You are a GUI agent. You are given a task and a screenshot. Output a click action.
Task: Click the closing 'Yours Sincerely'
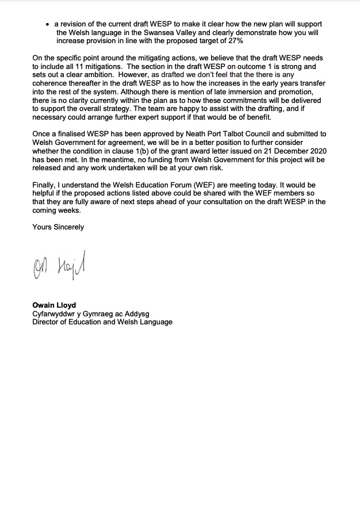pos(58,227)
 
